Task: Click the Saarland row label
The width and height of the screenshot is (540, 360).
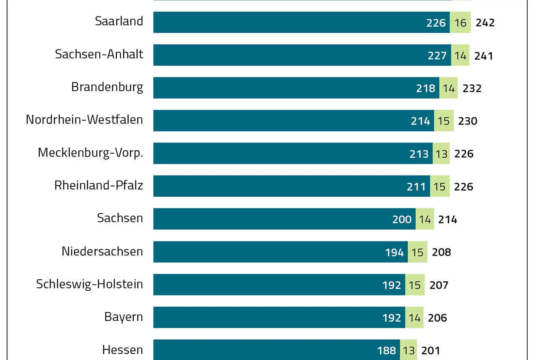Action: tap(119, 21)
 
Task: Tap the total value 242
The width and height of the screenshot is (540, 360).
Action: tap(485, 23)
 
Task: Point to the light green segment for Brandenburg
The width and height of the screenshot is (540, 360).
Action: tap(448, 88)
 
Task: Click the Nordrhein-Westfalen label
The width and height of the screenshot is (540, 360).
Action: tap(84, 120)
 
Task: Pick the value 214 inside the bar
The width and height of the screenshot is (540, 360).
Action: tap(420, 121)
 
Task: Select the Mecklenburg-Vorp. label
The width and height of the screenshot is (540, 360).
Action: tap(90, 153)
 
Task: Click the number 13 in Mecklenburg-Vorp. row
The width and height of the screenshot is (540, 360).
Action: tap(441, 154)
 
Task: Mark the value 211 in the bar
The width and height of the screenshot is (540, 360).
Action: tap(416, 187)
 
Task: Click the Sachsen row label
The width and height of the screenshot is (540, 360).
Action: tap(120, 218)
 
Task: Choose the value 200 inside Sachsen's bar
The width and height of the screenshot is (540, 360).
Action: tap(402, 219)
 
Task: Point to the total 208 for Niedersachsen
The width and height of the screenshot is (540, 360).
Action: tap(441, 252)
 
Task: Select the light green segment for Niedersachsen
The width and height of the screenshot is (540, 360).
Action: tap(417, 252)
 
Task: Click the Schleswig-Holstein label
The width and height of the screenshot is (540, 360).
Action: tap(89, 284)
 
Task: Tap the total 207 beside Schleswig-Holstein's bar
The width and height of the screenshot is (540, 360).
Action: tap(439, 285)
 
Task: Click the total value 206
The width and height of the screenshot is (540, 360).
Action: tap(437, 318)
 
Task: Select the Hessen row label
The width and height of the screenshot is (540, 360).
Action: tap(122, 350)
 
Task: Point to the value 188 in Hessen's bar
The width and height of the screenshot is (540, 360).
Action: tap(386, 351)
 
